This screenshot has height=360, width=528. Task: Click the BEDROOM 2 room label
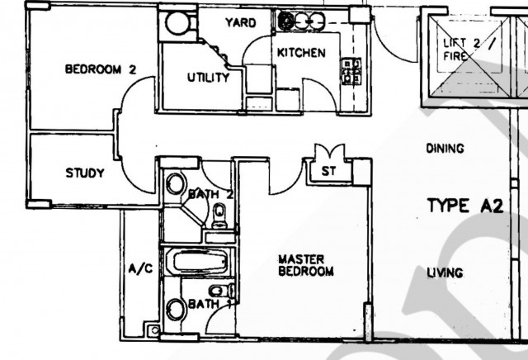point(99,70)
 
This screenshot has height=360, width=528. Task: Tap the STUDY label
point(85,173)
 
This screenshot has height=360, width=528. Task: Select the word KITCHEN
point(301,53)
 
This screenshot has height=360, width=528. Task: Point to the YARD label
point(241,23)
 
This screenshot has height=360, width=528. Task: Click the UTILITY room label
point(208,78)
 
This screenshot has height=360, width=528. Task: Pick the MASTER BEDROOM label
point(305,265)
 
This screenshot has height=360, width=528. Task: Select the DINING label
point(445,149)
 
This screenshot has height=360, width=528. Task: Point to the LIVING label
point(445,273)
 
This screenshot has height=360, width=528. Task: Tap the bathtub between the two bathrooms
point(197,263)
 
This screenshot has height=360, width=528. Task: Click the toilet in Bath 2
point(219,216)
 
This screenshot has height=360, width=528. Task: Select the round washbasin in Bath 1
point(176,311)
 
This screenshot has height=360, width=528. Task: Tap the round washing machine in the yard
point(174,22)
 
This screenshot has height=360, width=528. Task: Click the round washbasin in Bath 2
point(175,186)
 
